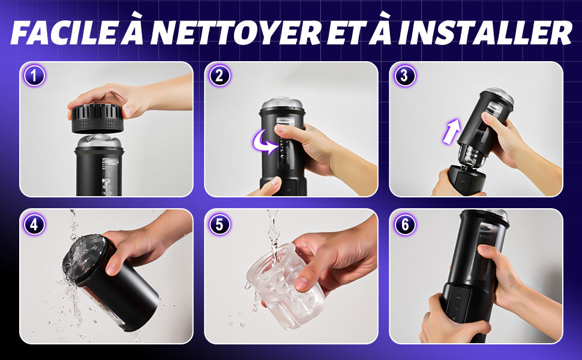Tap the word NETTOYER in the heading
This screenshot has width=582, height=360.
235,32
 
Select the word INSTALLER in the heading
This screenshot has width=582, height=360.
485,32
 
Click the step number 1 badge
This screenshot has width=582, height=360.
34,76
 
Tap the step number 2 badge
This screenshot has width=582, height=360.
220,76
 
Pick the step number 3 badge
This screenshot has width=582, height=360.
404,76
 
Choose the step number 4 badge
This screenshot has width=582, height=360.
34,224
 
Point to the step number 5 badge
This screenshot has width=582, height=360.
220,224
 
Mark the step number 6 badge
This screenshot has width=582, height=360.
404,224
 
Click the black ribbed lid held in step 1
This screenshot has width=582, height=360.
97,118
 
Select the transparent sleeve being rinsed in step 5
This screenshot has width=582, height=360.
285,285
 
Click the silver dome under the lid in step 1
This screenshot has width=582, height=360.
99,142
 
